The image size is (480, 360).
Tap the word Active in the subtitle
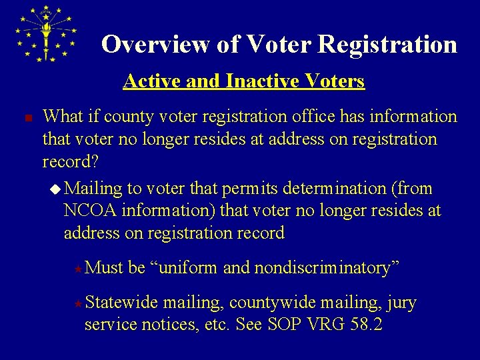(x=149, y=81)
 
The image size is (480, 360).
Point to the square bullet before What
(x=20, y=118)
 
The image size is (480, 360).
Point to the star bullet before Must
(x=78, y=269)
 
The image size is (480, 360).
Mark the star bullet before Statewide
(x=78, y=303)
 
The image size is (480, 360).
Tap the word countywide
(x=272, y=303)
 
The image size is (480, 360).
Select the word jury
(x=401, y=303)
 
